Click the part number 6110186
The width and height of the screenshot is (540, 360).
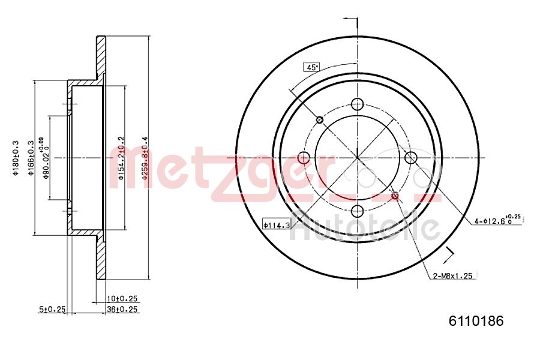point(476,320)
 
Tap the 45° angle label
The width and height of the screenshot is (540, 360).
point(311,67)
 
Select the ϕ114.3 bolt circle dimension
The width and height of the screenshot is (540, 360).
point(277,225)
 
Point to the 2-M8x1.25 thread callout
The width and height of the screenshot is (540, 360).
point(454,276)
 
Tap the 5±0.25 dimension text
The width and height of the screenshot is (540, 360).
point(52,310)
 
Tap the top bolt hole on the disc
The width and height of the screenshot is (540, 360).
point(358,103)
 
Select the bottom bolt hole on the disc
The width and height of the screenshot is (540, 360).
point(358,211)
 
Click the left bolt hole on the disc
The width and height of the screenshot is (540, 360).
point(304,158)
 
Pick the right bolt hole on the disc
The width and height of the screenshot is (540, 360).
point(411,158)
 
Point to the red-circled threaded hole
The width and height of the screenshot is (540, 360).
point(395,196)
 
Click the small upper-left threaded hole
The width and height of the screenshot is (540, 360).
point(320,120)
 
